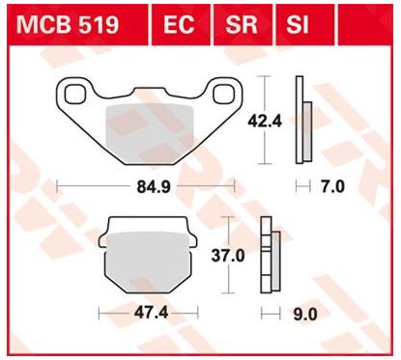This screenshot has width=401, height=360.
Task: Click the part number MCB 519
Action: (68, 25)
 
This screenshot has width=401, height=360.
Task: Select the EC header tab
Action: (179, 25)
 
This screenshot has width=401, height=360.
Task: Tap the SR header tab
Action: (242, 25)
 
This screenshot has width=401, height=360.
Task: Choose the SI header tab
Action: (298, 25)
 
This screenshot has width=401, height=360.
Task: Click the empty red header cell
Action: (365, 25)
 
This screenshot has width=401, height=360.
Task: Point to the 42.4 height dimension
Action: (265, 122)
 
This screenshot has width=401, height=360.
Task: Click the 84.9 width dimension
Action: (154, 187)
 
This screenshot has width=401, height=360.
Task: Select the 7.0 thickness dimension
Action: (333, 186)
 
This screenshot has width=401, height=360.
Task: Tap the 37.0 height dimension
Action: (228, 256)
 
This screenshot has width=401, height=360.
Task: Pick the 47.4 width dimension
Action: (151, 313)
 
